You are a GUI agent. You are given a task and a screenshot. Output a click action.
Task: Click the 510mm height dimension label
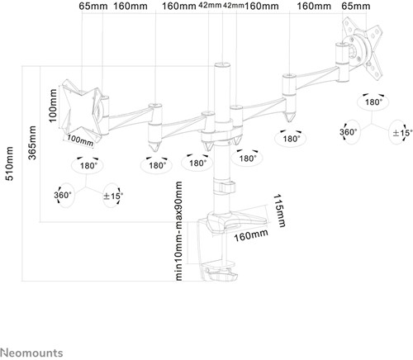(10, 163)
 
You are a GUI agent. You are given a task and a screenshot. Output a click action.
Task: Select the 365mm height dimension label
(32, 143)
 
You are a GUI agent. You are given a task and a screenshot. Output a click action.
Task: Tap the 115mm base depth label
(279, 211)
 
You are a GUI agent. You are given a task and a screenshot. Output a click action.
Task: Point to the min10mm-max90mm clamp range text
(178, 231)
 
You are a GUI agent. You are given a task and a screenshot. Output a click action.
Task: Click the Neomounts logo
(31, 353)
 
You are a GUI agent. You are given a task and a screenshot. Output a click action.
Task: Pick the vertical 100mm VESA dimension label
(52, 106)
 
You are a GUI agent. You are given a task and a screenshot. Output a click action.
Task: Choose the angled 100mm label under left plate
(80, 140)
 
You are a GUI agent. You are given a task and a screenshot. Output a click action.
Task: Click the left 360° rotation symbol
(63, 195)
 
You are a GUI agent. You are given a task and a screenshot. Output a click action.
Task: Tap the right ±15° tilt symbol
(401, 133)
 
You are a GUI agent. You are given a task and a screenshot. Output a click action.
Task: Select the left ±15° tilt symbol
(113, 196)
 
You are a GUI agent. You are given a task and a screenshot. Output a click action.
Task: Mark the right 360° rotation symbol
(349, 132)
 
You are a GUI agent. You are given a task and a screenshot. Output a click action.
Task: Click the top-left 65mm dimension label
(93, 6)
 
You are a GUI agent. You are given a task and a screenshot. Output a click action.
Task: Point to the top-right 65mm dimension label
(356, 6)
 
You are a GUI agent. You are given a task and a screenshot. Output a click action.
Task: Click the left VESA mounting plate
(81, 110)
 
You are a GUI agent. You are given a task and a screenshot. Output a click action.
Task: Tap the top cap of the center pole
(222, 65)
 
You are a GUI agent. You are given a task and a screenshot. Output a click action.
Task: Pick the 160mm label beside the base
(250, 235)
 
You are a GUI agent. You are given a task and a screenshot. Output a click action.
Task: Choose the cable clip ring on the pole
(224, 187)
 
